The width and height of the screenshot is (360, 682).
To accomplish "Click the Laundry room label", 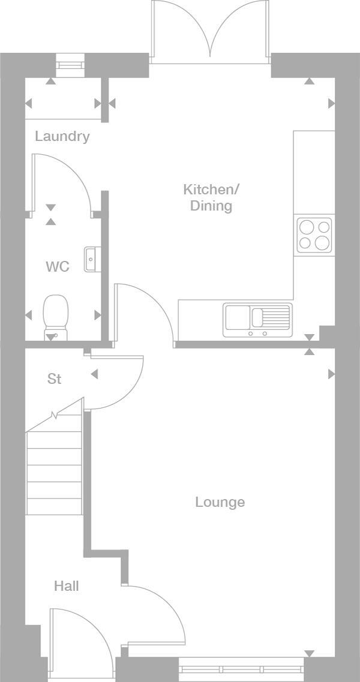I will click(62, 136).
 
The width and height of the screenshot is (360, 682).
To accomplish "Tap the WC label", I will click(58, 266).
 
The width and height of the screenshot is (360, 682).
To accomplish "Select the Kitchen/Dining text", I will click(211, 198).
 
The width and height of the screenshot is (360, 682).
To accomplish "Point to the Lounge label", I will click(220, 502).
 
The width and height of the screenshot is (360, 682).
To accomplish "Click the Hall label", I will click(66, 586).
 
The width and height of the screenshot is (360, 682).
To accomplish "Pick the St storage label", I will click(55, 379).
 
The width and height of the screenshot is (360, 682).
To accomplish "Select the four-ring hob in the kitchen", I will click(314, 235).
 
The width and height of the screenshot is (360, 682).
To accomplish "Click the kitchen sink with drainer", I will click(257, 319).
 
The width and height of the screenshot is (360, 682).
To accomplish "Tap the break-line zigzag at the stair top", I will click(55, 415).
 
